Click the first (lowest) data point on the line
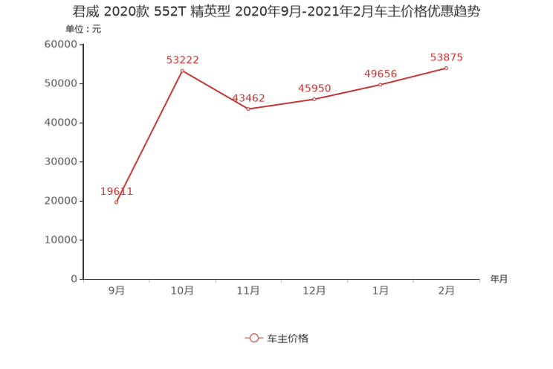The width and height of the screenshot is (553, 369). click(x=117, y=202)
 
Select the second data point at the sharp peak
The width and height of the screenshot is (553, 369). click(x=182, y=71)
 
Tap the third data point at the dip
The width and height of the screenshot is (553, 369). click(x=248, y=109)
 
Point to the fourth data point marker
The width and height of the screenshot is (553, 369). click(x=314, y=99)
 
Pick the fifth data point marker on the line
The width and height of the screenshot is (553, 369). click(x=381, y=84)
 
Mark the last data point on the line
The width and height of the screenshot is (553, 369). click(x=447, y=68)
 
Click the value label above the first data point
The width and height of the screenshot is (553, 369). click(x=117, y=191)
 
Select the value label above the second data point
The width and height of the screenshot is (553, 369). click(x=182, y=60)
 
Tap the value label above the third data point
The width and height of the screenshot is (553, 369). click(x=248, y=98)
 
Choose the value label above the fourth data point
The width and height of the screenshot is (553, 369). click(x=314, y=88)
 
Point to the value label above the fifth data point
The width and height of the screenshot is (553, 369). click(x=381, y=73)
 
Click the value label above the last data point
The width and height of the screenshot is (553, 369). click(x=447, y=57)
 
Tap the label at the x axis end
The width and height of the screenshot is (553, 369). click(x=499, y=280)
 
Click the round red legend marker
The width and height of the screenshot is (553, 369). click(x=254, y=338)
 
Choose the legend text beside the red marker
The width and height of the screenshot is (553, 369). click(x=287, y=338)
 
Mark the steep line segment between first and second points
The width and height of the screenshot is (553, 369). click(x=149, y=136)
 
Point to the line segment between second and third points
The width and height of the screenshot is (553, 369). click(x=216, y=90)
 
